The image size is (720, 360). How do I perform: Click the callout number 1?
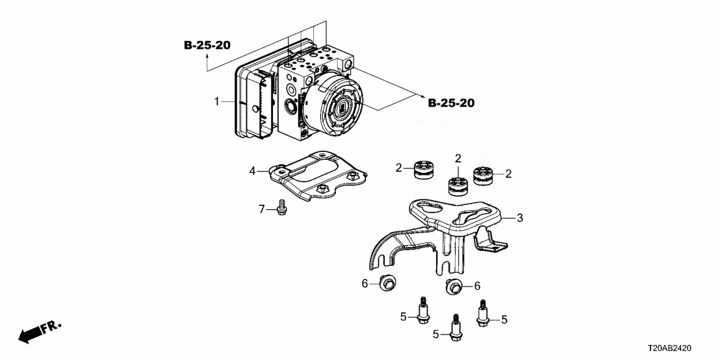(217, 101)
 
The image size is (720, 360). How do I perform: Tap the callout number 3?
(519, 218)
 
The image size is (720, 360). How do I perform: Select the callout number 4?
(252, 172)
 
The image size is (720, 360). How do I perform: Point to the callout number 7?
(262, 209)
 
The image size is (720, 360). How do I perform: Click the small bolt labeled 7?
(281, 207)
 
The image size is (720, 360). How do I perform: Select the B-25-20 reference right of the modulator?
(451, 103)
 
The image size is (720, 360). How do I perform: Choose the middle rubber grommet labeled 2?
(457, 185)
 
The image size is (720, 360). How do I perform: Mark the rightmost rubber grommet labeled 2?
(483, 175)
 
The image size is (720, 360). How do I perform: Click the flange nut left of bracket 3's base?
(388, 282)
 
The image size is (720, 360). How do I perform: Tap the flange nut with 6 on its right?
(454, 286)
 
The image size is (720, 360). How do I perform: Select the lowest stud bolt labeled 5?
(455, 328)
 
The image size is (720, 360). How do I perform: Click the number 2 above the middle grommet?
(458, 159)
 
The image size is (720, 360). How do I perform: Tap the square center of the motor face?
(344, 109)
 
